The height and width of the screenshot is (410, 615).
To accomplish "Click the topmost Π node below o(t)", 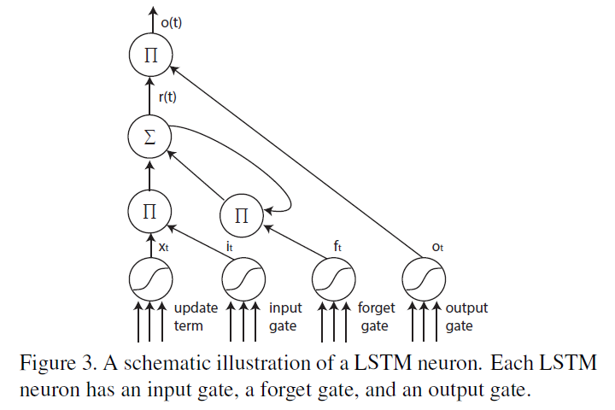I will point(150,57).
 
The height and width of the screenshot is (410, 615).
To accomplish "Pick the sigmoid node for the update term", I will point(150,279).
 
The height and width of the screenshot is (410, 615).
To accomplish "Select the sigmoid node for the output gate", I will point(425,279).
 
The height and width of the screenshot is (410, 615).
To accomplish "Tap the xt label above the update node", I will point(165,244).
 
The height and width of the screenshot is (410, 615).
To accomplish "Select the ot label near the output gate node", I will point(437,249).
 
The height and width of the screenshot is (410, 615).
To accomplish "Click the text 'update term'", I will point(196,316).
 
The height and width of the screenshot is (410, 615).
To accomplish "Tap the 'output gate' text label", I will point(466,316).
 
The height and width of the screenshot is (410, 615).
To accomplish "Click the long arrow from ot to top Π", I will point(299,157).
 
